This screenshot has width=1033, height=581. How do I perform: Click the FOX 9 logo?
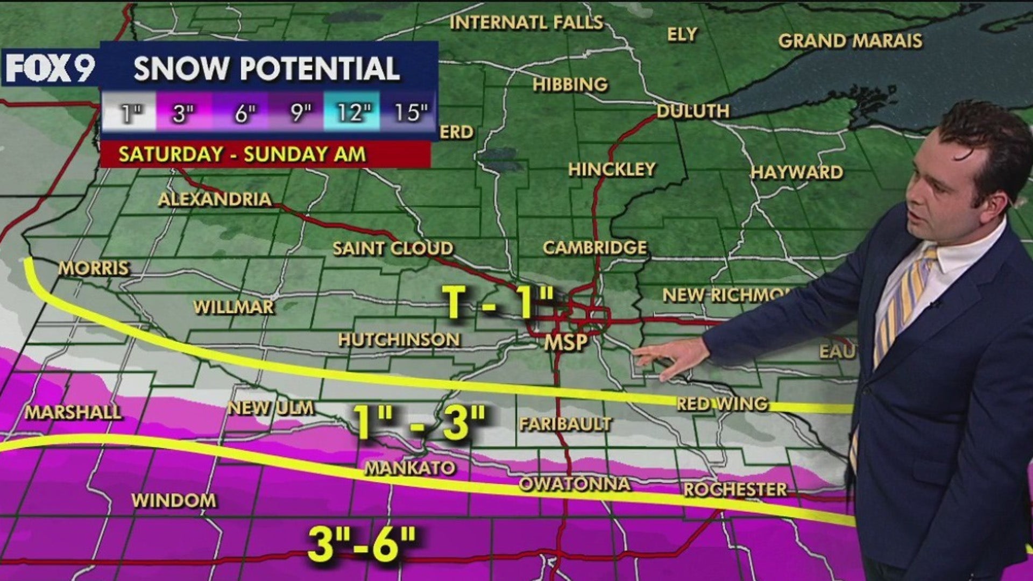(x=49, y=68)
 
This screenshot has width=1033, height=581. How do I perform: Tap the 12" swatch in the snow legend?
(x=353, y=112)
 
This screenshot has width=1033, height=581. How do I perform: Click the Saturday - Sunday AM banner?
(x=242, y=154)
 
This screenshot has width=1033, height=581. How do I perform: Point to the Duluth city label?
(x=693, y=111)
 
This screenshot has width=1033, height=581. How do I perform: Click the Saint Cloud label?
(x=393, y=249)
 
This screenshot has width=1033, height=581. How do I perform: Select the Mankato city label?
(x=410, y=468)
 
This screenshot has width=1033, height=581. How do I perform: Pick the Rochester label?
(x=735, y=490)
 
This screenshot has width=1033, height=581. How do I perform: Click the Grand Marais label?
(x=850, y=41)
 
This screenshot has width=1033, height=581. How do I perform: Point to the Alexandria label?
(x=215, y=200)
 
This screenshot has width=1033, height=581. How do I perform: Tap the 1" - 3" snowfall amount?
(x=419, y=422)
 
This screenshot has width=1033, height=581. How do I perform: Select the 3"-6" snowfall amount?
(x=362, y=543)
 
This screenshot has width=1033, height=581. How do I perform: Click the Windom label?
(x=174, y=500)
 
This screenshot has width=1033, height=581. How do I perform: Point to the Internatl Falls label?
(x=526, y=23)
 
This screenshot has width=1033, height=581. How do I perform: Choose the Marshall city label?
(x=73, y=413)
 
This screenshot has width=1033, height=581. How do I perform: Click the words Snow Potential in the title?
(x=266, y=68)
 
